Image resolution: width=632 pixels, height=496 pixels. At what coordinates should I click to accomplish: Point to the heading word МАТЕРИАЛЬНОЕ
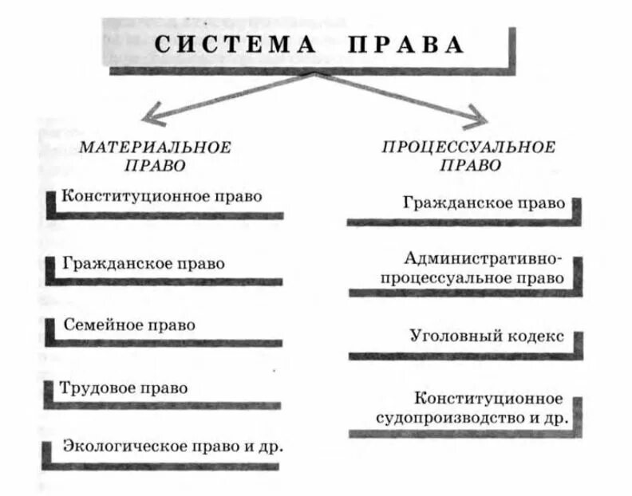point(155,148)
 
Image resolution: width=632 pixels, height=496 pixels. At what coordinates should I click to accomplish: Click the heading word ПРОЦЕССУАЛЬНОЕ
point(468,148)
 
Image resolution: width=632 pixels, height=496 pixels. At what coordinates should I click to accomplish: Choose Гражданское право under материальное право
point(143,262)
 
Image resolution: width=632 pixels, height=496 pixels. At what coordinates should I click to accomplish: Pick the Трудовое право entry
point(124,388)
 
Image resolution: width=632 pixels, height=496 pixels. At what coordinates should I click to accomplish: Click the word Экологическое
point(117,446)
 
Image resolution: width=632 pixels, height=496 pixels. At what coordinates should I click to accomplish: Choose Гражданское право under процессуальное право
point(484,203)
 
